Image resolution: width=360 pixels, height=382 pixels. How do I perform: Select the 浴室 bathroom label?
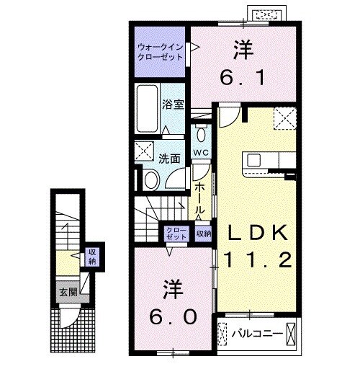(174, 104)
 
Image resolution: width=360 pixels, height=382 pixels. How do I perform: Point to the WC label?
(202, 153)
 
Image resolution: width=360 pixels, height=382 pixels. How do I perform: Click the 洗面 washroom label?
(171, 158)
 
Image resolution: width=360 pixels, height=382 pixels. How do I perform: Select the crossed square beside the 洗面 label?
(144, 151)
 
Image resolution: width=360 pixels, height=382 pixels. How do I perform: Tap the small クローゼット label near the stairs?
(176, 233)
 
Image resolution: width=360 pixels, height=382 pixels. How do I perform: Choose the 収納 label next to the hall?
(204, 233)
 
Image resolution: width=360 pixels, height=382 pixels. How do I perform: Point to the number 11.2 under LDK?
(258, 259)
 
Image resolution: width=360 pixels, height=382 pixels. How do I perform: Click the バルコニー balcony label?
(255, 333)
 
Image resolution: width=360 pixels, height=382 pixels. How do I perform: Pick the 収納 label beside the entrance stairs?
(92, 255)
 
